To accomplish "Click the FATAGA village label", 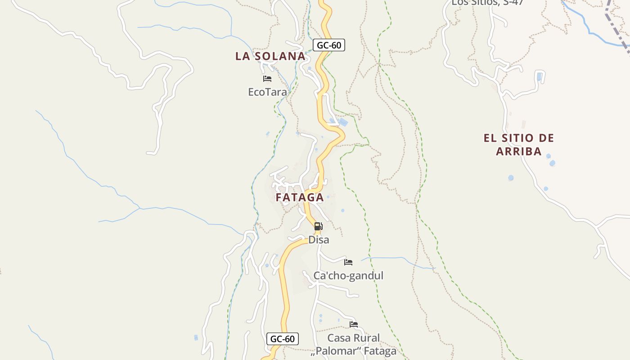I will click(300, 198).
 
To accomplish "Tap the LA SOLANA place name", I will click(270, 56).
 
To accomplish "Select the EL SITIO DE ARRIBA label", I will click(519, 144).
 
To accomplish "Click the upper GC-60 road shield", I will click(329, 45).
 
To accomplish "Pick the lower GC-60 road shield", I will click(283, 339).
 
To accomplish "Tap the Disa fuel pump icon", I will click(318, 226).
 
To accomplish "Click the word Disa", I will click(319, 240).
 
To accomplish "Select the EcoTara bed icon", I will click(267, 79).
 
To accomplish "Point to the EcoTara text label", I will click(267, 92).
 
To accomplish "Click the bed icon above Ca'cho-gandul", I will click(348, 262).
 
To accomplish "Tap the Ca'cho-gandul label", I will click(348, 275).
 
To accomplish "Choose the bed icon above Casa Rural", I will click(354, 324).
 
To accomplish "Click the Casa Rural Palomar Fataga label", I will click(354, 344).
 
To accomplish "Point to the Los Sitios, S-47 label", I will click(487, 3).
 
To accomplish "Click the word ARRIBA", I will click(519, 152).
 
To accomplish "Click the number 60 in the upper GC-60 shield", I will click(336, 45).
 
